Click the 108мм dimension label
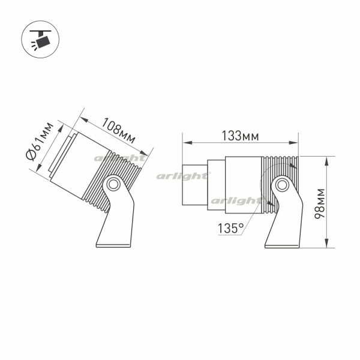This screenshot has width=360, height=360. coord(118,130)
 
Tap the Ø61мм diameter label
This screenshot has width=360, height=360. coord(40,142)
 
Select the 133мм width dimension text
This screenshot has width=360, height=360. coord(240,136)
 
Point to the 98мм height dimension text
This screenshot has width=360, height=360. coord(320,203)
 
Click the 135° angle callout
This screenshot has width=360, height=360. coord(230,228)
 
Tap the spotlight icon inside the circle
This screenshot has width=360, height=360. coord(40,40)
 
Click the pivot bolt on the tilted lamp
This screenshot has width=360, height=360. coord(113,184)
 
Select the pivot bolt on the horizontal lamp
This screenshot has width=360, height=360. coord(282,185)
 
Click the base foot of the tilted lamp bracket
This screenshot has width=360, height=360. coord(113,246)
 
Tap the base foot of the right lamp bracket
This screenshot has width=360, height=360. coord(282,247)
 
